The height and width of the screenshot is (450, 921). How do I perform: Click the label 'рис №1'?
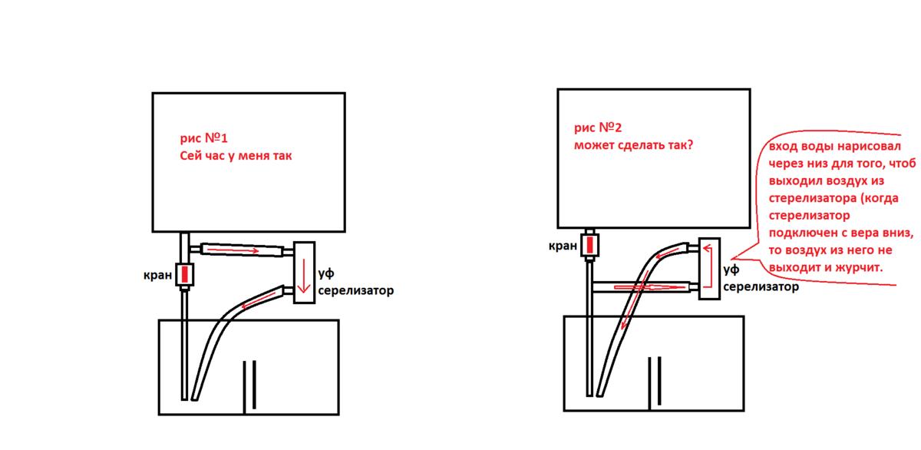(203, 138)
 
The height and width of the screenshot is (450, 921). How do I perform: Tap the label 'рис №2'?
(598, 127)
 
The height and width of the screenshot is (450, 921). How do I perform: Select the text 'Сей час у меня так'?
(236, 156)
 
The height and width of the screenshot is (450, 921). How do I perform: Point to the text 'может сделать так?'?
(634, 145)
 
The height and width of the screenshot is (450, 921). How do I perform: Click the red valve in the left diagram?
(185, 274)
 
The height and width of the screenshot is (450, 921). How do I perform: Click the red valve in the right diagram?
(590, 246)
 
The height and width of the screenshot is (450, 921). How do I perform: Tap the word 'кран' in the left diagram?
(157, 275)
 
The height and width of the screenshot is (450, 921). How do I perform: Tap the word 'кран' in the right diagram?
(563, 247)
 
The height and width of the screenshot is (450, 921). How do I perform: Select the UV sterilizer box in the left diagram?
(304, 273)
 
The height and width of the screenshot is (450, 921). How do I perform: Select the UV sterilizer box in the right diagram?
(710, 269)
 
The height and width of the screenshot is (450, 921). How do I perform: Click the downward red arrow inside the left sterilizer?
(304, 276)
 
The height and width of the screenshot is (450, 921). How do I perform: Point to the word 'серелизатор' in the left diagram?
(355, 291)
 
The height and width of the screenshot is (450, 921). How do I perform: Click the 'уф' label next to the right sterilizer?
(731, 270)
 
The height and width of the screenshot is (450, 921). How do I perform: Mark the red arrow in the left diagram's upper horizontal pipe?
(233, 250)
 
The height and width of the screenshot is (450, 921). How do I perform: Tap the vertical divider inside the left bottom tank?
(249, 387)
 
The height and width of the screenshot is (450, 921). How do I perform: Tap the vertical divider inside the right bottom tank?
(655, 382)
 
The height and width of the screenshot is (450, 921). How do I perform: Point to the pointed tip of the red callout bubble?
(731, 258)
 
